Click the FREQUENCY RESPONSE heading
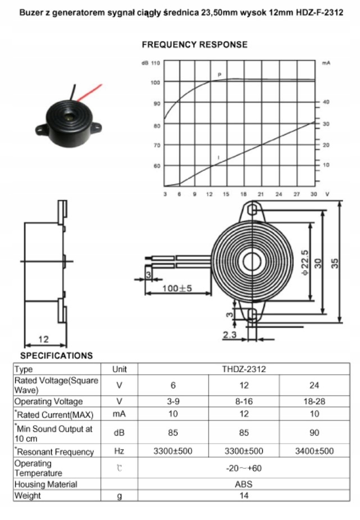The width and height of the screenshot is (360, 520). [194, 44]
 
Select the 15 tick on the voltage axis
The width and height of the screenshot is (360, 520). [225, 194]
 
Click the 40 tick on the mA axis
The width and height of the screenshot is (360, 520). [326, 102]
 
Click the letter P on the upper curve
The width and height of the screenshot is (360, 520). [219, 75]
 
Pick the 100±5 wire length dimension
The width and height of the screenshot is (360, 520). [177, 288]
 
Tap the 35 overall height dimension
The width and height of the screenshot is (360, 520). [335, 262]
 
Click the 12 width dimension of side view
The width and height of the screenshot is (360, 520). [43, 338]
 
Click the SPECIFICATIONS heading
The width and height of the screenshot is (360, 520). [57, 355]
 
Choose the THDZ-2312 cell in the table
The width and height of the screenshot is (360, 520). [243, 369]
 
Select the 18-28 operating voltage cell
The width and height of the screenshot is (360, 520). [314, 402]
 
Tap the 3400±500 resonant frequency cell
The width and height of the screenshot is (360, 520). [314, 451]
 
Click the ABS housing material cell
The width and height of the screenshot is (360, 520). [243, 484]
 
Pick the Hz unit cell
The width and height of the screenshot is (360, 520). [119, 451]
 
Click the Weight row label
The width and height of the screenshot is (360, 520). [28, 496]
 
